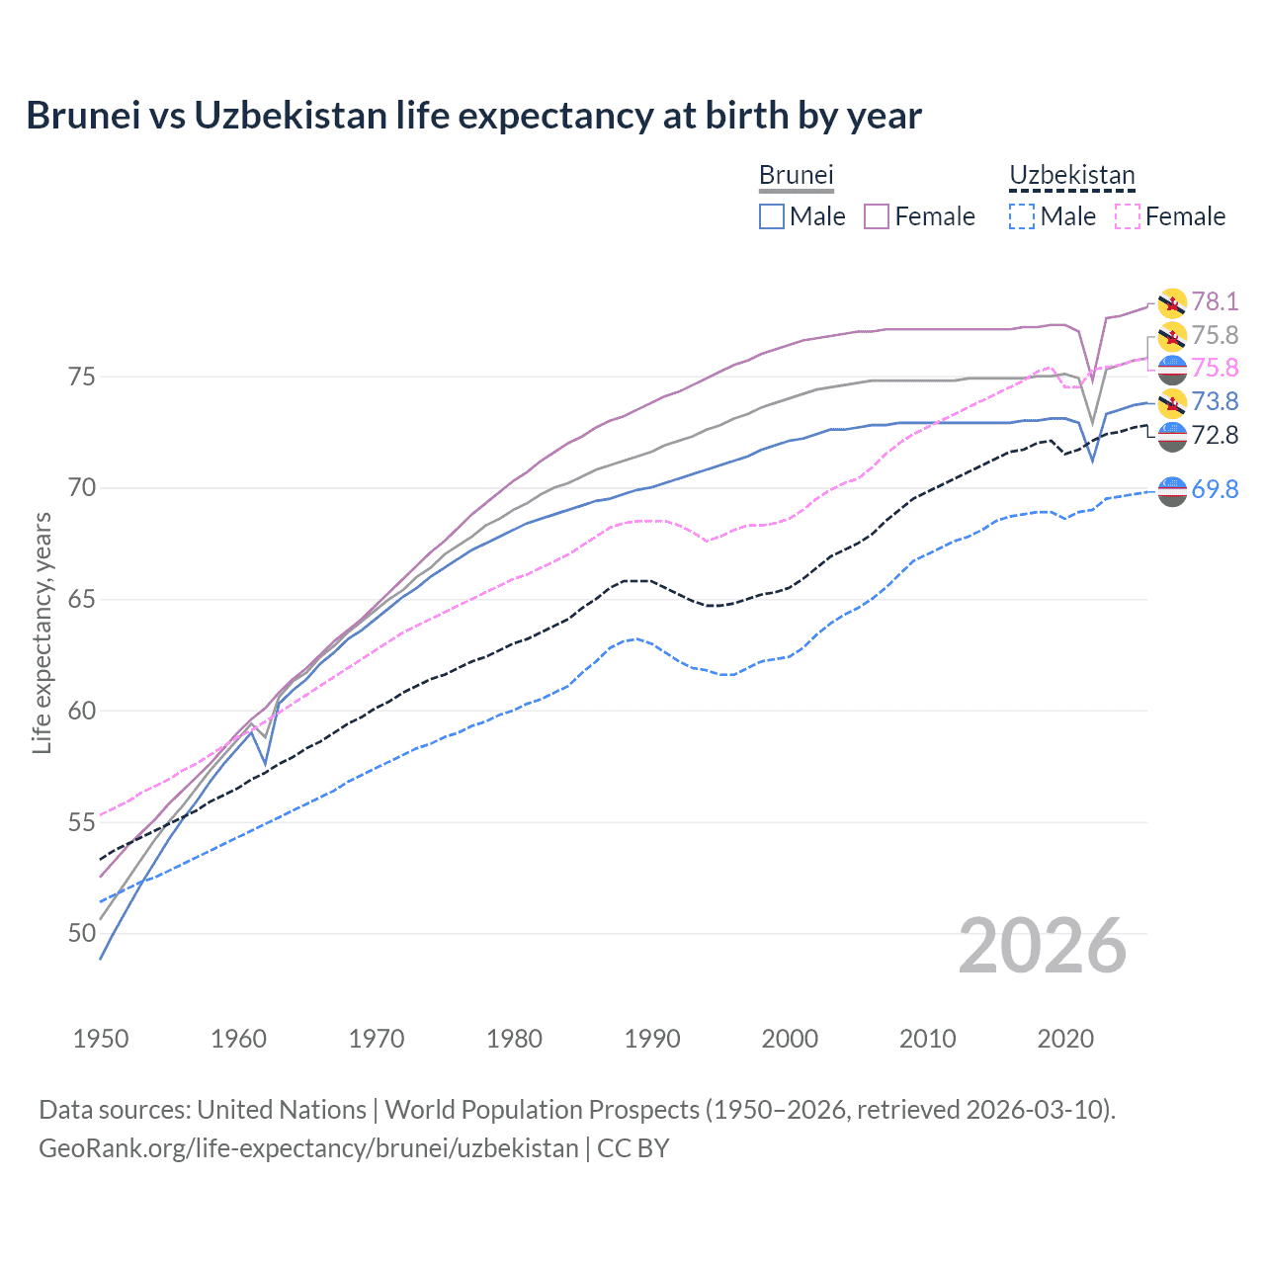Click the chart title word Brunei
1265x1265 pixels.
click(83, 116)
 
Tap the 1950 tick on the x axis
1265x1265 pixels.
click(101, 1039)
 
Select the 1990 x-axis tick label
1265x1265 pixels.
click(652, 1039)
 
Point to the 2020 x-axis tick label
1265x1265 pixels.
click(1065, 1039)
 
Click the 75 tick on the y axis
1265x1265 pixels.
click(82, 378)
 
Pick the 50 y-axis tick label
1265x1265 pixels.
click(82, 934)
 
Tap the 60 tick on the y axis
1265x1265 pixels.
click(82, 712)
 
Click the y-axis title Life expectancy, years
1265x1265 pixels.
click(42, 632)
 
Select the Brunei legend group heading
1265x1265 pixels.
click(796, 175)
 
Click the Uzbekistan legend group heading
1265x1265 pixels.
click(1071, 175)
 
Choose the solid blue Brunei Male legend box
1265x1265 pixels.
click(772, 216)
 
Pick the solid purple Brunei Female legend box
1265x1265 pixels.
click(877, 216)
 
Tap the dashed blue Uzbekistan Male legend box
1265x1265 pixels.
click(1022, 216)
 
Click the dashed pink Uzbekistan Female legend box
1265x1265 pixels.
click(1128, 216)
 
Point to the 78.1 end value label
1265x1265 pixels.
click(1215, 301)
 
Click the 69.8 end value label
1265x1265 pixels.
click(1215, 489)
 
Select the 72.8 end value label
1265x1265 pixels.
click(1215, 435)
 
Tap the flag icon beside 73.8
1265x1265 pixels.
click(1172, 402)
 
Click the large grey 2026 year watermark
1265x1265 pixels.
click(1043, 946)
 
